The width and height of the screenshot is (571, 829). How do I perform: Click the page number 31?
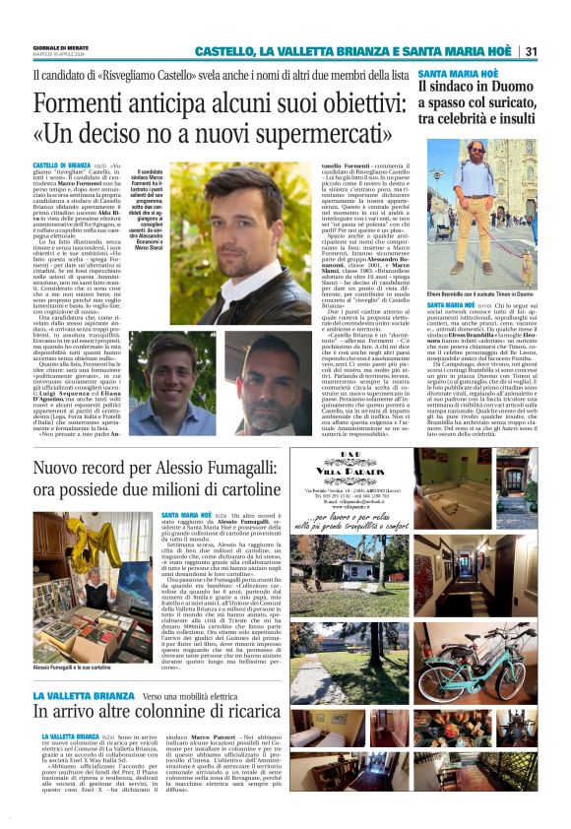pyautogui.click(x=531, y=51)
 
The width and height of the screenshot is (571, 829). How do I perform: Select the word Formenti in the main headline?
pyautogui.click(x=82, y=104)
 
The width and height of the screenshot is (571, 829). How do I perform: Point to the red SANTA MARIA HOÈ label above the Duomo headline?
pyautogui.click(x=456, y=73)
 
